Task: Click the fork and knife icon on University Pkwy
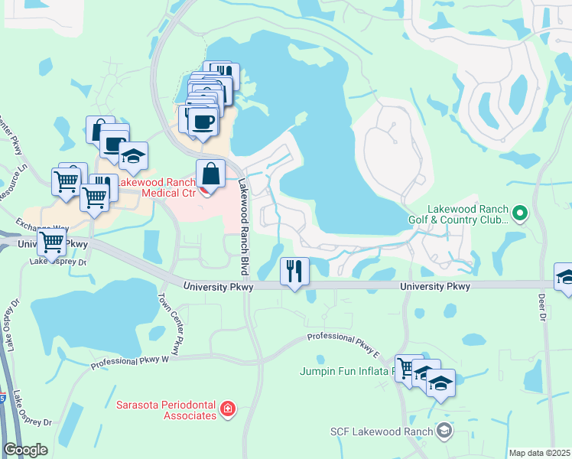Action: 294,271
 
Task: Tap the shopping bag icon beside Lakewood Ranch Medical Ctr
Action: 210,174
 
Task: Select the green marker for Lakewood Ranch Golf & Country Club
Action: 519,213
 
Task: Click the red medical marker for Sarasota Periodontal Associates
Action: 227,410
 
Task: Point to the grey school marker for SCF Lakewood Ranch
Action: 444,431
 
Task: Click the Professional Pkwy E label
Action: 343,337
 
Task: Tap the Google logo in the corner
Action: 24,449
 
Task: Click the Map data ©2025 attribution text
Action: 539,453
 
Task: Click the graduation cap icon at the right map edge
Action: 564,276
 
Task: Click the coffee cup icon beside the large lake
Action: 203,122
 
